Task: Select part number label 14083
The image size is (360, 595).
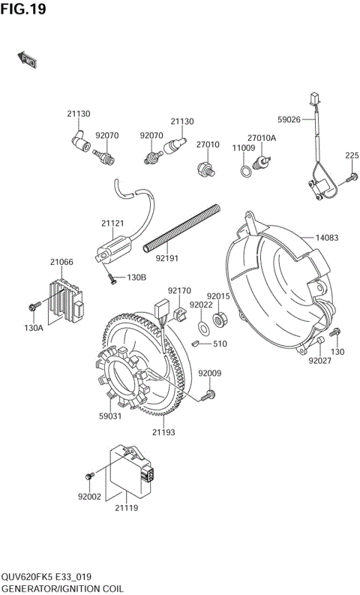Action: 326,238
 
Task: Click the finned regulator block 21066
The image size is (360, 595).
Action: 67,297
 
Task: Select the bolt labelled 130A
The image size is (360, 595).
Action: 33,308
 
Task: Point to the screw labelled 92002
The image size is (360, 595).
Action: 91,475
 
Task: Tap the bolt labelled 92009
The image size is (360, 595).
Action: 209,393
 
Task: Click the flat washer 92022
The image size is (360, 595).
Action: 203,328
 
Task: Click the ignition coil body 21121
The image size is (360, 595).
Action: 117,248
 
